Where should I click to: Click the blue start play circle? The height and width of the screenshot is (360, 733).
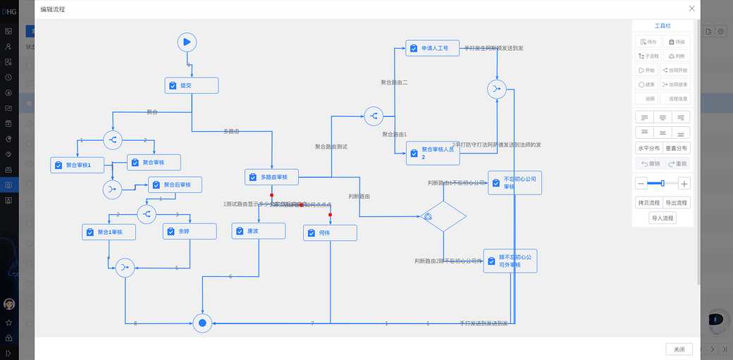pyautogui.click(x=187, y=42)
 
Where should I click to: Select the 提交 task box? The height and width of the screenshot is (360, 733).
pyautogui.click(x=192, y=85)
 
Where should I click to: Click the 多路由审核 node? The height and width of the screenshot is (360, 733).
pyautogui.click(x=271, y=177)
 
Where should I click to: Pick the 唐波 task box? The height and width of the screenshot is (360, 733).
pyautogui.click(x=258, y=231)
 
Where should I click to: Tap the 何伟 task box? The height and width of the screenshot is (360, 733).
pyautogui.click(x=330, y=232)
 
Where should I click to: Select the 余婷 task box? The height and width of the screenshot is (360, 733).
pyautogui.click(x=189, y=231)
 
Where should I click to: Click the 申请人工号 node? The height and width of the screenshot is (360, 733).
pyautogui.click(x=432, y=48)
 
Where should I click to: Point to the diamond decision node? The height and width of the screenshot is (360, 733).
pyautogui.click(x=443, y=216)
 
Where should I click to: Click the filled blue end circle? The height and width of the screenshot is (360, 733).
pyautogui.click(x=202, y=323)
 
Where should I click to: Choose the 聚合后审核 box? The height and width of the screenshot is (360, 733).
pyautogui.click(x=175, y=185)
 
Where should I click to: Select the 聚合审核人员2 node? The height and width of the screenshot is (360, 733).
pyautogui.click(x=432, y=153)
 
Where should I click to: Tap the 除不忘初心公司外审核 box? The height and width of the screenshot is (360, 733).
pyautogui.click(x=510, y=261)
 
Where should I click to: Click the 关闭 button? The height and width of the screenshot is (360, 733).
pyautogui.click(x=679, y=349)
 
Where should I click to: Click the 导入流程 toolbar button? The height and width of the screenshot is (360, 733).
pyautogui.click(x=663, y=218)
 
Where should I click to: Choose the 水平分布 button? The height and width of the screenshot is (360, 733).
pyautogui.click(x=648, y=149)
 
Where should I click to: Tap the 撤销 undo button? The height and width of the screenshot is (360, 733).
pyautogui.click(x=648, y=163)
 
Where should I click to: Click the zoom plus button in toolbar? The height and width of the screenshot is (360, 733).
pyautogui.click(x=684, y=184)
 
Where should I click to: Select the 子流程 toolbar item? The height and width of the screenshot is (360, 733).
pyautogui.click(x=648, y=56)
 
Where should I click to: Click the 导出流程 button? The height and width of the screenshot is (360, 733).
pyautogui.click(x=677, y=203)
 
